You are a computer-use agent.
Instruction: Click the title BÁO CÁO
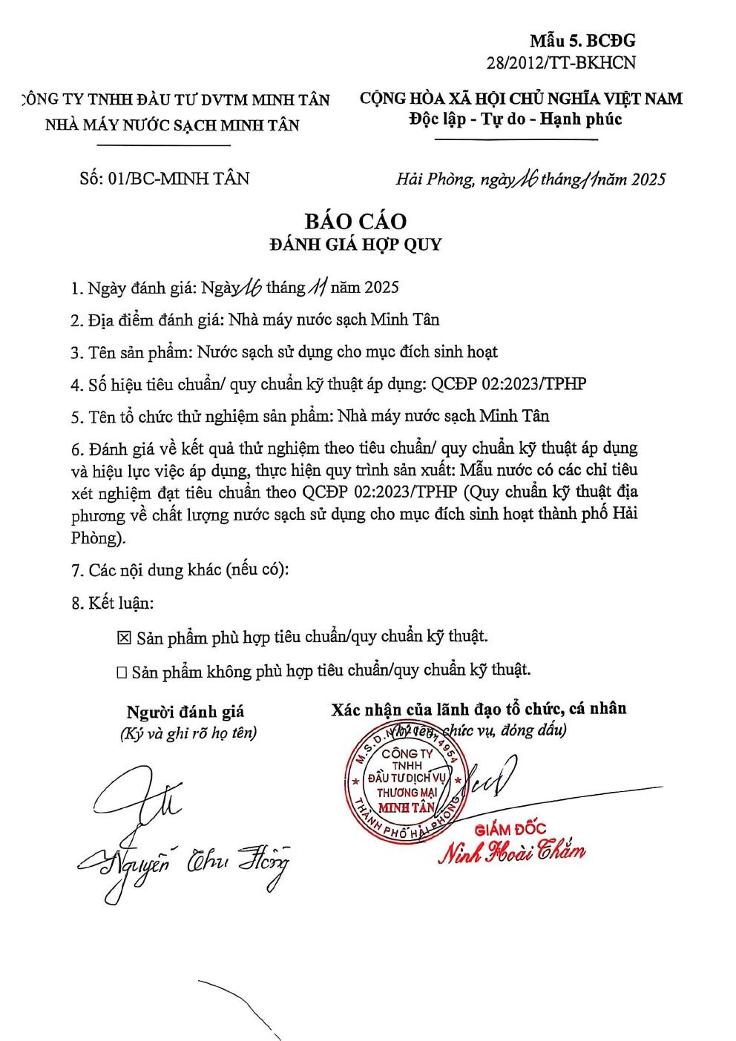tap(355, 221)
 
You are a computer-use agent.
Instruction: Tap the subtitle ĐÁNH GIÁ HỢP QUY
tap(355, 245)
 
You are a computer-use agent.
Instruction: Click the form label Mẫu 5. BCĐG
tap(582, 41)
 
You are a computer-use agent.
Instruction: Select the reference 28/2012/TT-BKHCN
tap(561, 63)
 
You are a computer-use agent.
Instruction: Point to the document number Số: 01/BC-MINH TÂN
tap(164, 178)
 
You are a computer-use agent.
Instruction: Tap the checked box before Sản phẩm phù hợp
tap(124, 638)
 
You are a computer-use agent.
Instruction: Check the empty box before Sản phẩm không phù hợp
tap(122, 672)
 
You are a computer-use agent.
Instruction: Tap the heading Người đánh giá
tap(185, 712)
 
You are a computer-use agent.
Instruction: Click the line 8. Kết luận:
tap(113, 603)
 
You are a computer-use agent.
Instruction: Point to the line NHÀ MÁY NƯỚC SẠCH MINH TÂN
tap(172, 125)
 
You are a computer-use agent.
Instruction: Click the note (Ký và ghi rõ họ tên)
tap(188, 733)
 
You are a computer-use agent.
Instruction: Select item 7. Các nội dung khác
tap(180, 570)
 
